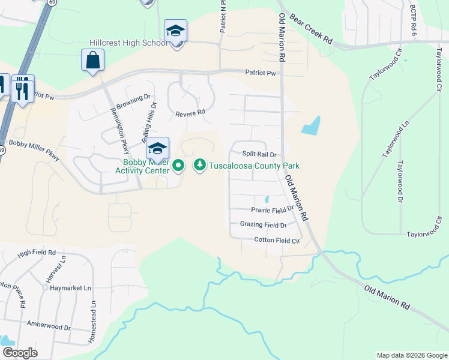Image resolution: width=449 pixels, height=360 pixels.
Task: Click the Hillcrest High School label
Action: [128, 43]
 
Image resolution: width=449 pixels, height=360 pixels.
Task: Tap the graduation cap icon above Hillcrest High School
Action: [175, 30]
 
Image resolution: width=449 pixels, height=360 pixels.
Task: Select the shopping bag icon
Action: [92, 60]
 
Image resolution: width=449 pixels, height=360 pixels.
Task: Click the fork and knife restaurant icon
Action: [23, 89]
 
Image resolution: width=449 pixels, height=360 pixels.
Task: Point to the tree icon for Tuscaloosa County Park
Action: [199, 165]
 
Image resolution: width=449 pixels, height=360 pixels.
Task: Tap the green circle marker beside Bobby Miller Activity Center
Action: [178, 165]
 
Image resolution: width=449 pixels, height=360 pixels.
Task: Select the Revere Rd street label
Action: [190, 112]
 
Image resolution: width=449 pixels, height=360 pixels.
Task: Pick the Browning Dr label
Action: [134, 97]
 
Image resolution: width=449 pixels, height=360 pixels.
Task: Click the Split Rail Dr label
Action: [259, 154]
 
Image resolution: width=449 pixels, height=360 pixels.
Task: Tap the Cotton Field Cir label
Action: [277, 240]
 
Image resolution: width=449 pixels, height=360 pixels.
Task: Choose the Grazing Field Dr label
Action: [264, 225]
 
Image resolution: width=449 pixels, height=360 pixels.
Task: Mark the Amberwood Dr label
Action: [49, 328]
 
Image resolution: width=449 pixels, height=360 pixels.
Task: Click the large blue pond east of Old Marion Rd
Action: [311, 125]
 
